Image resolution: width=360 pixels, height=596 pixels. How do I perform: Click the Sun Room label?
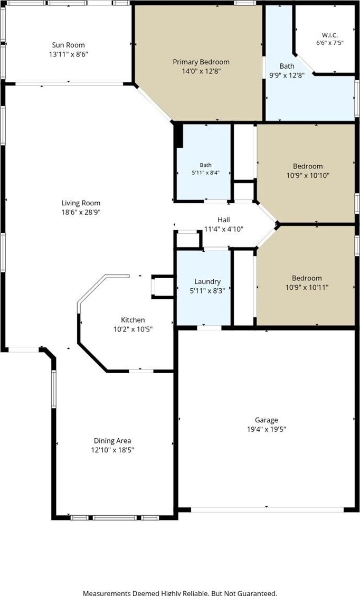(69, 45)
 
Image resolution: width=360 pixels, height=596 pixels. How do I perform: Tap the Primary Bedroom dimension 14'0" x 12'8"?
(201, 71)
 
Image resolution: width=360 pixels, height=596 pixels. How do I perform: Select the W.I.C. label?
(329, 35)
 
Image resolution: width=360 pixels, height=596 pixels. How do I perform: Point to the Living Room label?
(81, 203)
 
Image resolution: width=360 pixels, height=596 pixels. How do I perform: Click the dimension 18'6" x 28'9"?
(81, 212)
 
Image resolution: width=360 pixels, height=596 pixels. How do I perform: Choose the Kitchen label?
(133, 320)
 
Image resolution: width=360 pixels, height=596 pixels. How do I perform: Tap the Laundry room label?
(207, 282)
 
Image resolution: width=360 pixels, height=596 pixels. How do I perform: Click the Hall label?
(223, 220)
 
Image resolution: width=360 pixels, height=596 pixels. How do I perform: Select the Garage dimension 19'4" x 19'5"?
(266, 430)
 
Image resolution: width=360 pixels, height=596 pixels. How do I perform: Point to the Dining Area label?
(112, 441)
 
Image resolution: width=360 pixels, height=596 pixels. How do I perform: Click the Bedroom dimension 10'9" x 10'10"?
(308, 176)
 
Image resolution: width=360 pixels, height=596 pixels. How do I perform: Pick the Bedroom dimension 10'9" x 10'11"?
(307, 287)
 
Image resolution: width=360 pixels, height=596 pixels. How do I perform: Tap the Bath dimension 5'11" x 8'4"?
(206, 172)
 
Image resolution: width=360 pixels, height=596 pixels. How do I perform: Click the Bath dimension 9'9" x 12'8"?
(287, 75)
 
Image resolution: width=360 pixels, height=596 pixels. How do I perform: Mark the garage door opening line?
(267, 510)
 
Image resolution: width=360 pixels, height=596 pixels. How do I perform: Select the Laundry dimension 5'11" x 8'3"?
(207, 291)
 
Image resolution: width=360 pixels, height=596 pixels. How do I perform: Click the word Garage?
(266, 420)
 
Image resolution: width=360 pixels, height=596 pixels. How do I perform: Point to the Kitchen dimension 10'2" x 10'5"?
(133, 329)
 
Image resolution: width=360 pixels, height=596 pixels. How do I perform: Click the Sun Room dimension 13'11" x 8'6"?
(69, 54)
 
